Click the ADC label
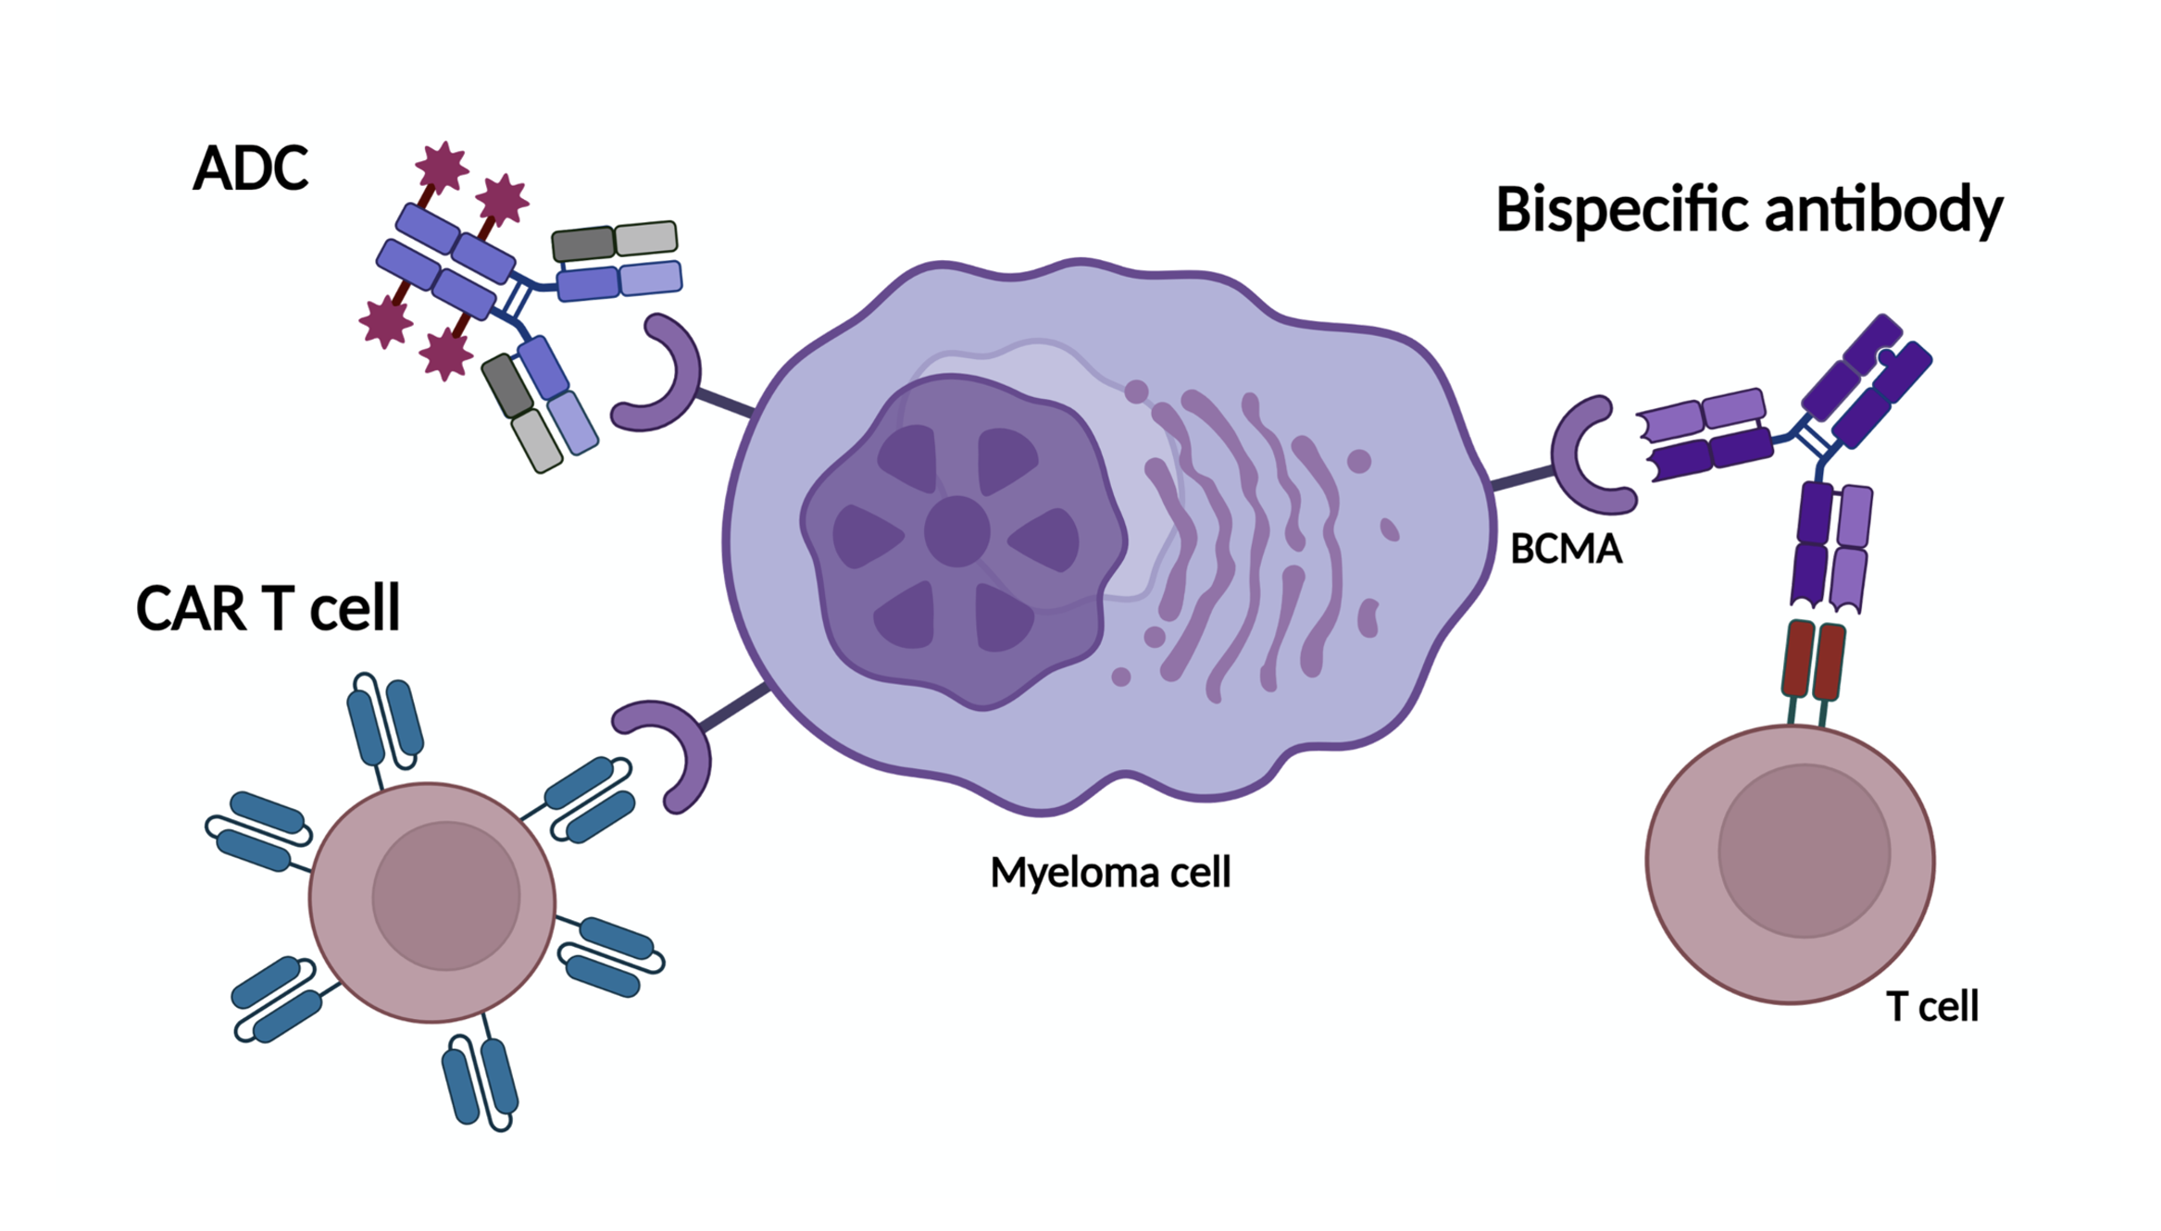(x=250, y=168)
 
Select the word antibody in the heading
(x=1883, y=210)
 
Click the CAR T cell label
(x=268, y=609)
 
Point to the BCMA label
(x=1566, y=550)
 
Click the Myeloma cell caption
(x=1110, y=873)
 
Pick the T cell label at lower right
(x=1932, y=1007)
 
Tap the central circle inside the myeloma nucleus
(x=956, y=531)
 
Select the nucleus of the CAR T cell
(x=445, y=896)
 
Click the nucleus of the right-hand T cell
(x=1804, y=851)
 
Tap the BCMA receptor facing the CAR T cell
(x=673, y=753)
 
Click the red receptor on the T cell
(x=1813, y=661)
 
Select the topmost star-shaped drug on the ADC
(x=442, y=167)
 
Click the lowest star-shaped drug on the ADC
(x=446, y=354)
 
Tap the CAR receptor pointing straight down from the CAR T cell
(x=480, y=1080)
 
